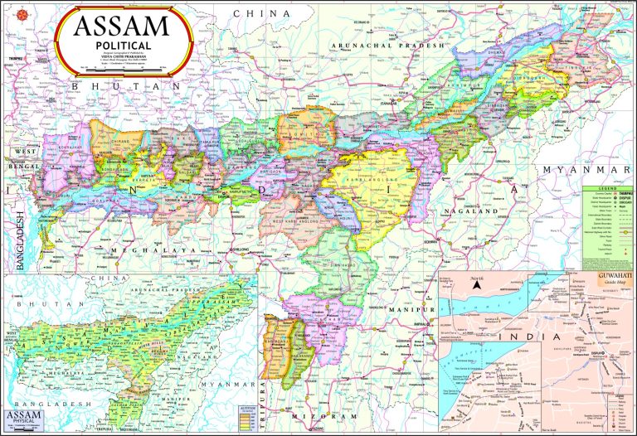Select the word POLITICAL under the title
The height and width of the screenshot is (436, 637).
pyautogui.click(x=122, y=45)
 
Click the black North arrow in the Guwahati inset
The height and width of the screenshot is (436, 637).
pyautogui.click(x=479, y=285)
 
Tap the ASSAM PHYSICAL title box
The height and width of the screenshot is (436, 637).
pyautogui.click(x=23, y=418)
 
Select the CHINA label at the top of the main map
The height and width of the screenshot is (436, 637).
pyautogui.click(x=261, y=14)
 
